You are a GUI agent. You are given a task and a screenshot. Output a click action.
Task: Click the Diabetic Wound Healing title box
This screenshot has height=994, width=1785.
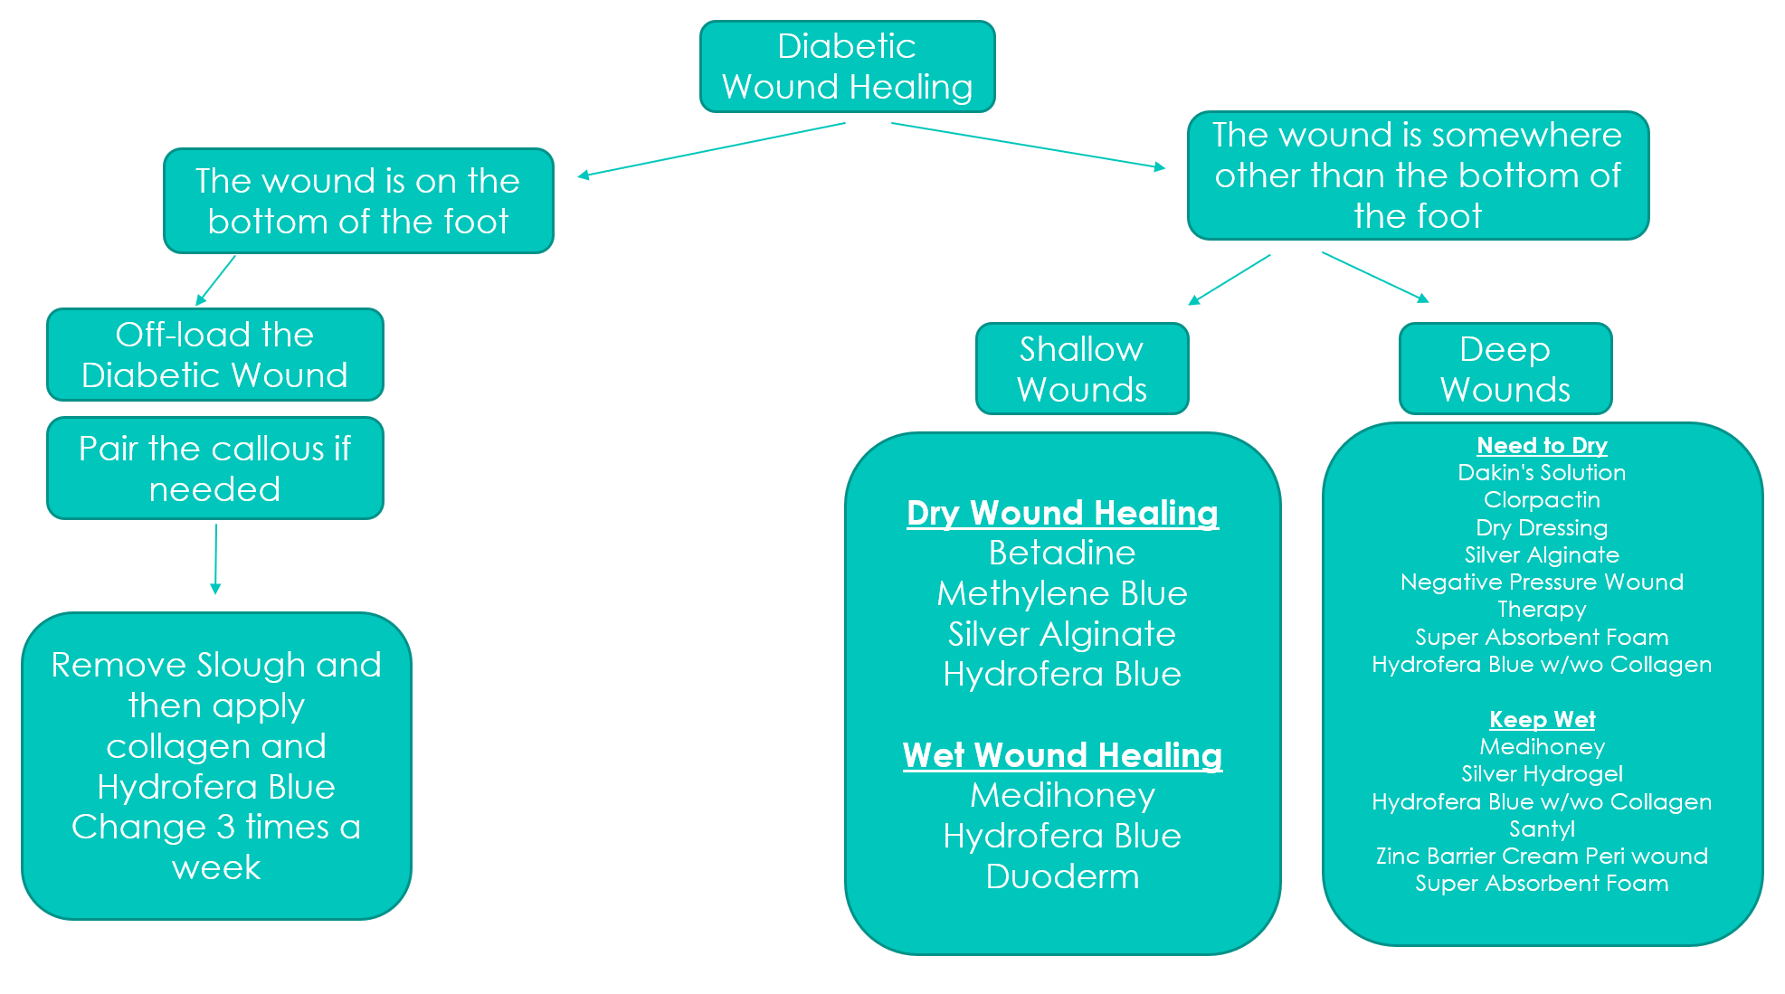848,67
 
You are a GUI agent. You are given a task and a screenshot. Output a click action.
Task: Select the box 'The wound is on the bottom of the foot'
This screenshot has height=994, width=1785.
358,201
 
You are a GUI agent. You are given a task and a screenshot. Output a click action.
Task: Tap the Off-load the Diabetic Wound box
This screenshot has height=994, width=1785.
215,355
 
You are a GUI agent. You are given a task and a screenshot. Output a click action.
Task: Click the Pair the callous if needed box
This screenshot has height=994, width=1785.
215,469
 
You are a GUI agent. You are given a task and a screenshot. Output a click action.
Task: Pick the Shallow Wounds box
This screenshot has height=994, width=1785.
1082,369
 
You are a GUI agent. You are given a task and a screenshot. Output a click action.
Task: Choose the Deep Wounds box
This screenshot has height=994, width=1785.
1505,369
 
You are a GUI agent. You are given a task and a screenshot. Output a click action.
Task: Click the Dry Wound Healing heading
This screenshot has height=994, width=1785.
1063,513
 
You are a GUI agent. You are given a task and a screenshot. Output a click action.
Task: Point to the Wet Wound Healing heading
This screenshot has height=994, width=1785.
1063,755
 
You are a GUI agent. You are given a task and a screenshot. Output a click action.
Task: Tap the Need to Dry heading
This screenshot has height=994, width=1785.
1543,445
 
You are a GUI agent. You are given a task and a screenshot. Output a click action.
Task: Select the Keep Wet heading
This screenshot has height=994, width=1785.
1543,719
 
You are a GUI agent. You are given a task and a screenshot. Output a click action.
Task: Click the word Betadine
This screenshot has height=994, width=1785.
1062,553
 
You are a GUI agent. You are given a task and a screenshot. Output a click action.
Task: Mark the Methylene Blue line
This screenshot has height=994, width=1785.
1062,593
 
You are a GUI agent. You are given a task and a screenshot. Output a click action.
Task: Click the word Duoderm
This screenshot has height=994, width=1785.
1062,876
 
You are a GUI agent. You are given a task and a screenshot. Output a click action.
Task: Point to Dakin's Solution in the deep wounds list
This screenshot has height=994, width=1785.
1543,472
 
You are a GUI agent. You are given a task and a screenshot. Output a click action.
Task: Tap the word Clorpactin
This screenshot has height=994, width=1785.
1543,499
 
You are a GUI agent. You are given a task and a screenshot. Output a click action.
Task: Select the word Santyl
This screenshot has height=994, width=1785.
1543,828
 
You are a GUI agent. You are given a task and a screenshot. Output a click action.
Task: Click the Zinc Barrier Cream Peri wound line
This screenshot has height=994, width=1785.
1543,856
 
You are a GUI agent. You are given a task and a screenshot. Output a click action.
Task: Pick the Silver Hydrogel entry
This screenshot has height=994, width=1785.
1543,773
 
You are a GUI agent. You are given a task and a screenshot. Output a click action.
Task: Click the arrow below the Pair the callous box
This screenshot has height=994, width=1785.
215,559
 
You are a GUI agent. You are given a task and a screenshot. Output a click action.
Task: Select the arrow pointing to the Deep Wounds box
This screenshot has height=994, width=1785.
1375,277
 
